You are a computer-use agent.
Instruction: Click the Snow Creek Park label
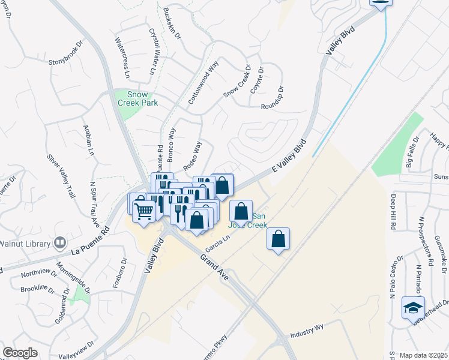point(137,99)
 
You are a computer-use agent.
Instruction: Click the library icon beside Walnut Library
point(59,243)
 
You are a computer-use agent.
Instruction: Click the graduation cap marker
point(413,308)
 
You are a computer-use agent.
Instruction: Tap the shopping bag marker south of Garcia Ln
point(279,239)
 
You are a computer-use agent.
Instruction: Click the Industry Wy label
point(307,334)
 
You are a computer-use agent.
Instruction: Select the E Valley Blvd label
point(289,157)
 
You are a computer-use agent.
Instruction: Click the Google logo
point(20,352)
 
